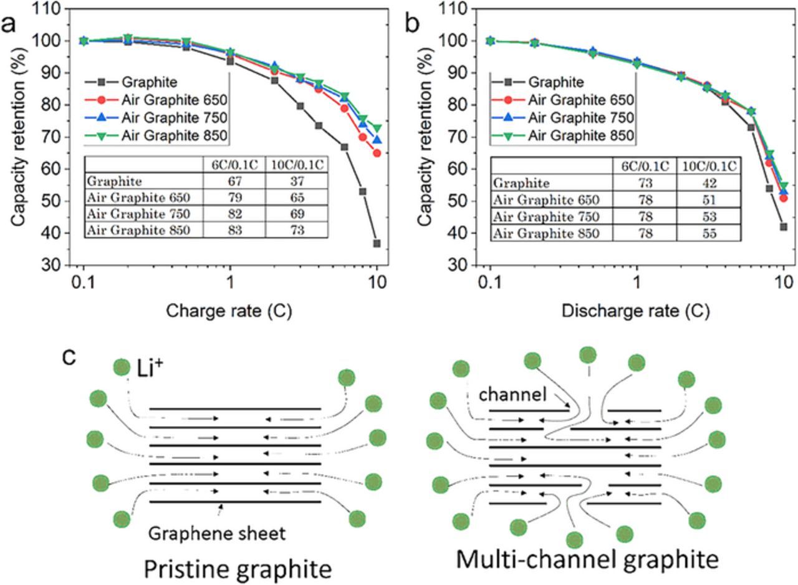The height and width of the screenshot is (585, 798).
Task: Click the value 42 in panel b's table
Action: coord(709,183)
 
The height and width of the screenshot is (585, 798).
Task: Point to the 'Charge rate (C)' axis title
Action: coord(229,310)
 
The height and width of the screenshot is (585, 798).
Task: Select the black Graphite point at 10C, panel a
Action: coord(377,243)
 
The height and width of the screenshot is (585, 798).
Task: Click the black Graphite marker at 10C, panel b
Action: coord(784,227)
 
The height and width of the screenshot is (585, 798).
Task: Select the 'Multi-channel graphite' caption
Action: coord(587,559)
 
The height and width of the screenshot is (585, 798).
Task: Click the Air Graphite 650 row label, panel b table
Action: coord(546,200)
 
